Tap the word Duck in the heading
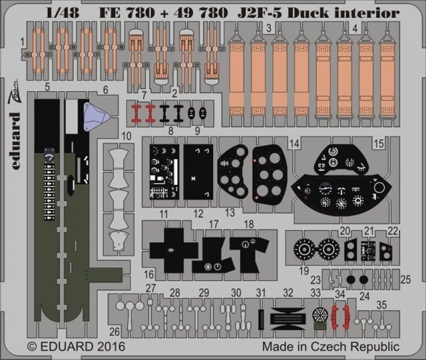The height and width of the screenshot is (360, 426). (317, 12)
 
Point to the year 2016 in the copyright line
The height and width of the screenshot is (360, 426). (110, 347)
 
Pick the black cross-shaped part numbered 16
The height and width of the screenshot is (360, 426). (170, 249)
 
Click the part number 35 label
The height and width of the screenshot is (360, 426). (381, 305)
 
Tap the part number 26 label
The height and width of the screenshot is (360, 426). (114, 330)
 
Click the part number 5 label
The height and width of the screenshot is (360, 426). (47, 87)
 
